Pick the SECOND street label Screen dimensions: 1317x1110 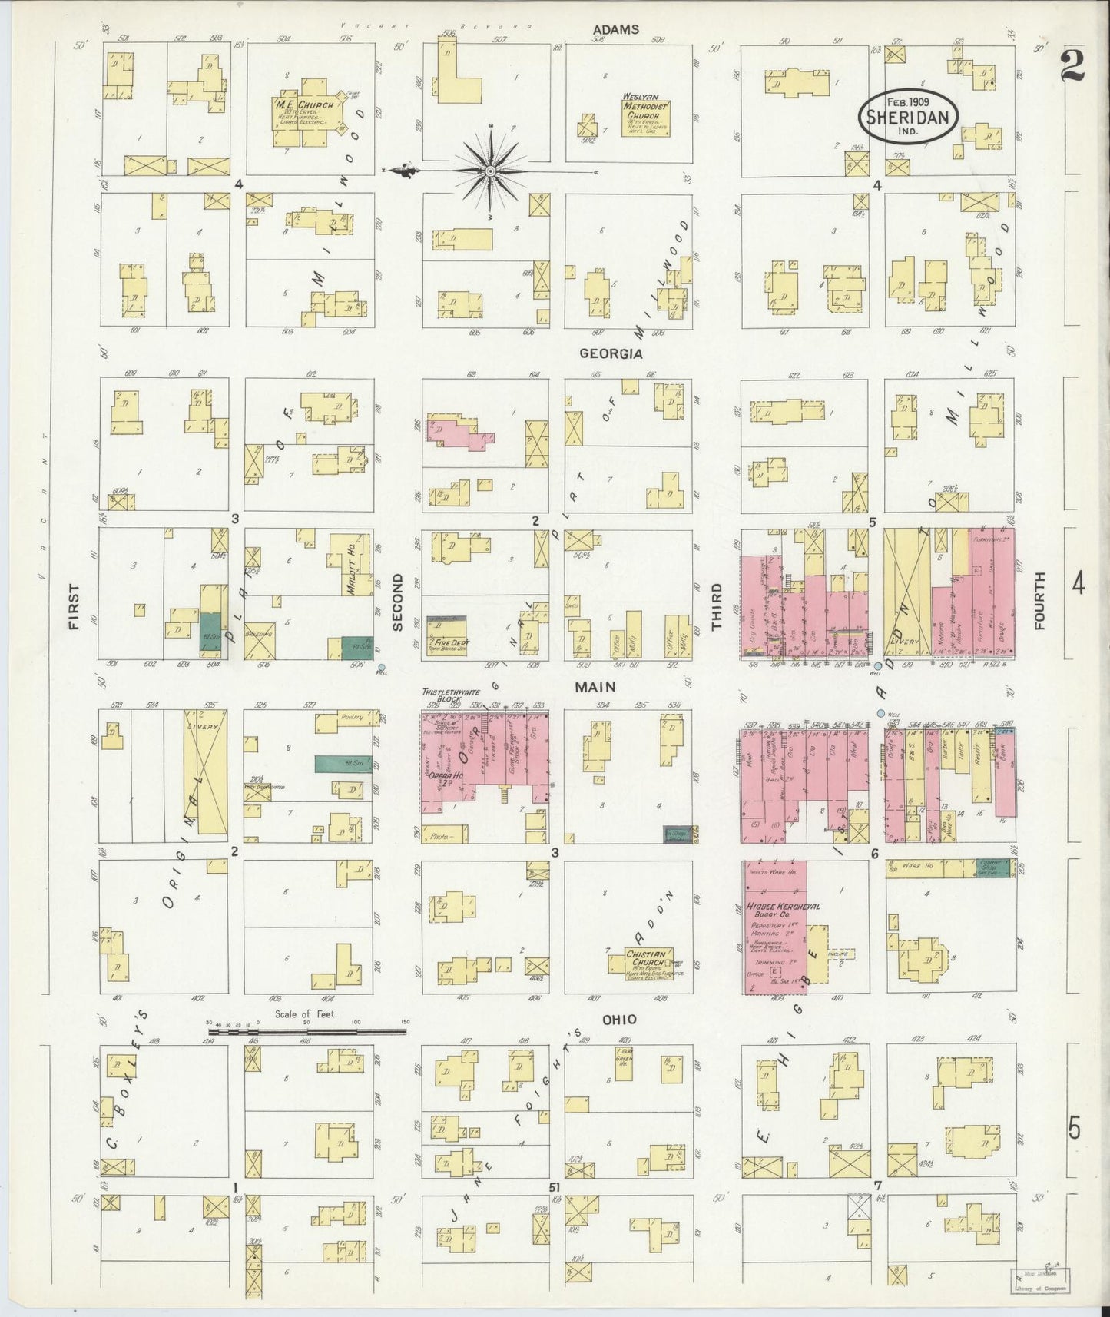[398, 606]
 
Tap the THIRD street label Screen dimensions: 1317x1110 [717, 606]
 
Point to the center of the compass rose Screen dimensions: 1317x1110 [489, 171]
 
